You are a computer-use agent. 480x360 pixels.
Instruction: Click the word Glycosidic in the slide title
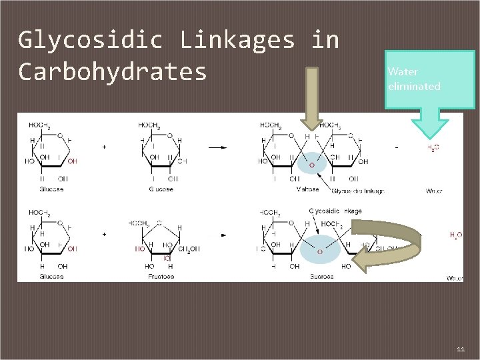tap(90, 41)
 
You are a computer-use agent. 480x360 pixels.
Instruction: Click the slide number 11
tap(461, 349)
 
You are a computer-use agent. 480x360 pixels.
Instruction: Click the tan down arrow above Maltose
tap(310, 100)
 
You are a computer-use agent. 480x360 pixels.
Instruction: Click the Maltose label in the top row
tap(308, 189)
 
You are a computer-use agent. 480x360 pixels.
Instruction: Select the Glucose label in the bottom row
tap(51, 276)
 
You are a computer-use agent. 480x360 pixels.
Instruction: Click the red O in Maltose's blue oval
tap(311, 165)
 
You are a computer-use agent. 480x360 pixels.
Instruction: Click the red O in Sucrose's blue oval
tap(319, 251)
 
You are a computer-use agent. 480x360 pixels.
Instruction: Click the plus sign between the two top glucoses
tap(105, 145)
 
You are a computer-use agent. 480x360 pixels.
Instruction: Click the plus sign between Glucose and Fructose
tap(105, 235)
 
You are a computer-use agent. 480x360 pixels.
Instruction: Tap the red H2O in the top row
tap(433, 148)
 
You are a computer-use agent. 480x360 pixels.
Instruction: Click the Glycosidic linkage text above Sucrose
tap(336, 211)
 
